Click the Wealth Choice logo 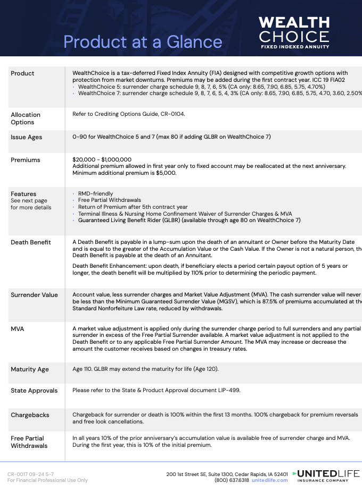(x=294, y=32)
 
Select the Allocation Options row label (x=26, y=118)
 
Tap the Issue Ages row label (x=27, y=137)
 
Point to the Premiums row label (x=26, y=160)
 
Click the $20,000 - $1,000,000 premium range (x=102, y=159)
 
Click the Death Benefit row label (x=31, y=242)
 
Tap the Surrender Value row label (x=34, y=295)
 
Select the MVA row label (x=18, y=329)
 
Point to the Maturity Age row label (x=30, y=369)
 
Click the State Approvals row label (x=34, y=391)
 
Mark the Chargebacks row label (x=29, y=414)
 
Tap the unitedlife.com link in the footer (x=269, y=480)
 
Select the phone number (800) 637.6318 (x=232, y=480)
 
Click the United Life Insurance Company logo (x=326, y=476)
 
